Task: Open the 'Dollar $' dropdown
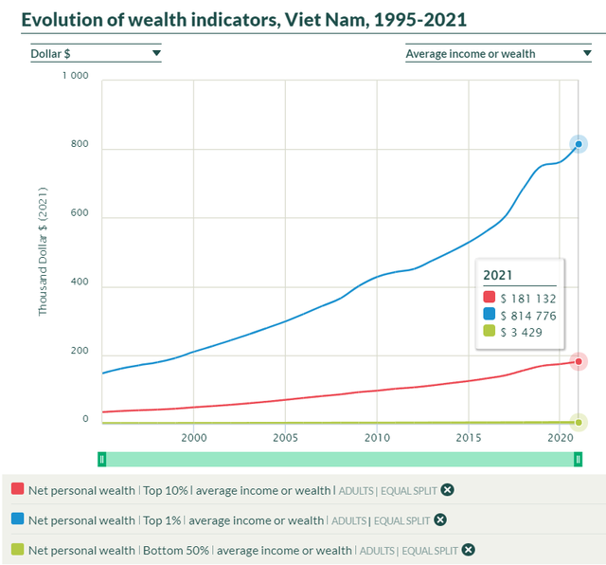click(95, 54)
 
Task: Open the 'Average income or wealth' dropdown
click(498, 54)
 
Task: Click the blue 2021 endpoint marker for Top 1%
click(579, 144)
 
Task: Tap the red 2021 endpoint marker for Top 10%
click(579, 361)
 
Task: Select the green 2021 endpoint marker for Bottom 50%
click(579, 423)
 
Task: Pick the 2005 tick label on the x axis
click(285, 438)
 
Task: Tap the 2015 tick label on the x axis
click(469, 438)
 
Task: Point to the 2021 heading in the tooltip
click(498, 276)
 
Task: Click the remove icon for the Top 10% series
click(448, 489)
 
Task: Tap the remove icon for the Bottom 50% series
click(468, 550)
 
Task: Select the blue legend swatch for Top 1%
click(18, 519)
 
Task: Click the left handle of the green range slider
click(102, 459)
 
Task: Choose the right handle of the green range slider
click(578, 459)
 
